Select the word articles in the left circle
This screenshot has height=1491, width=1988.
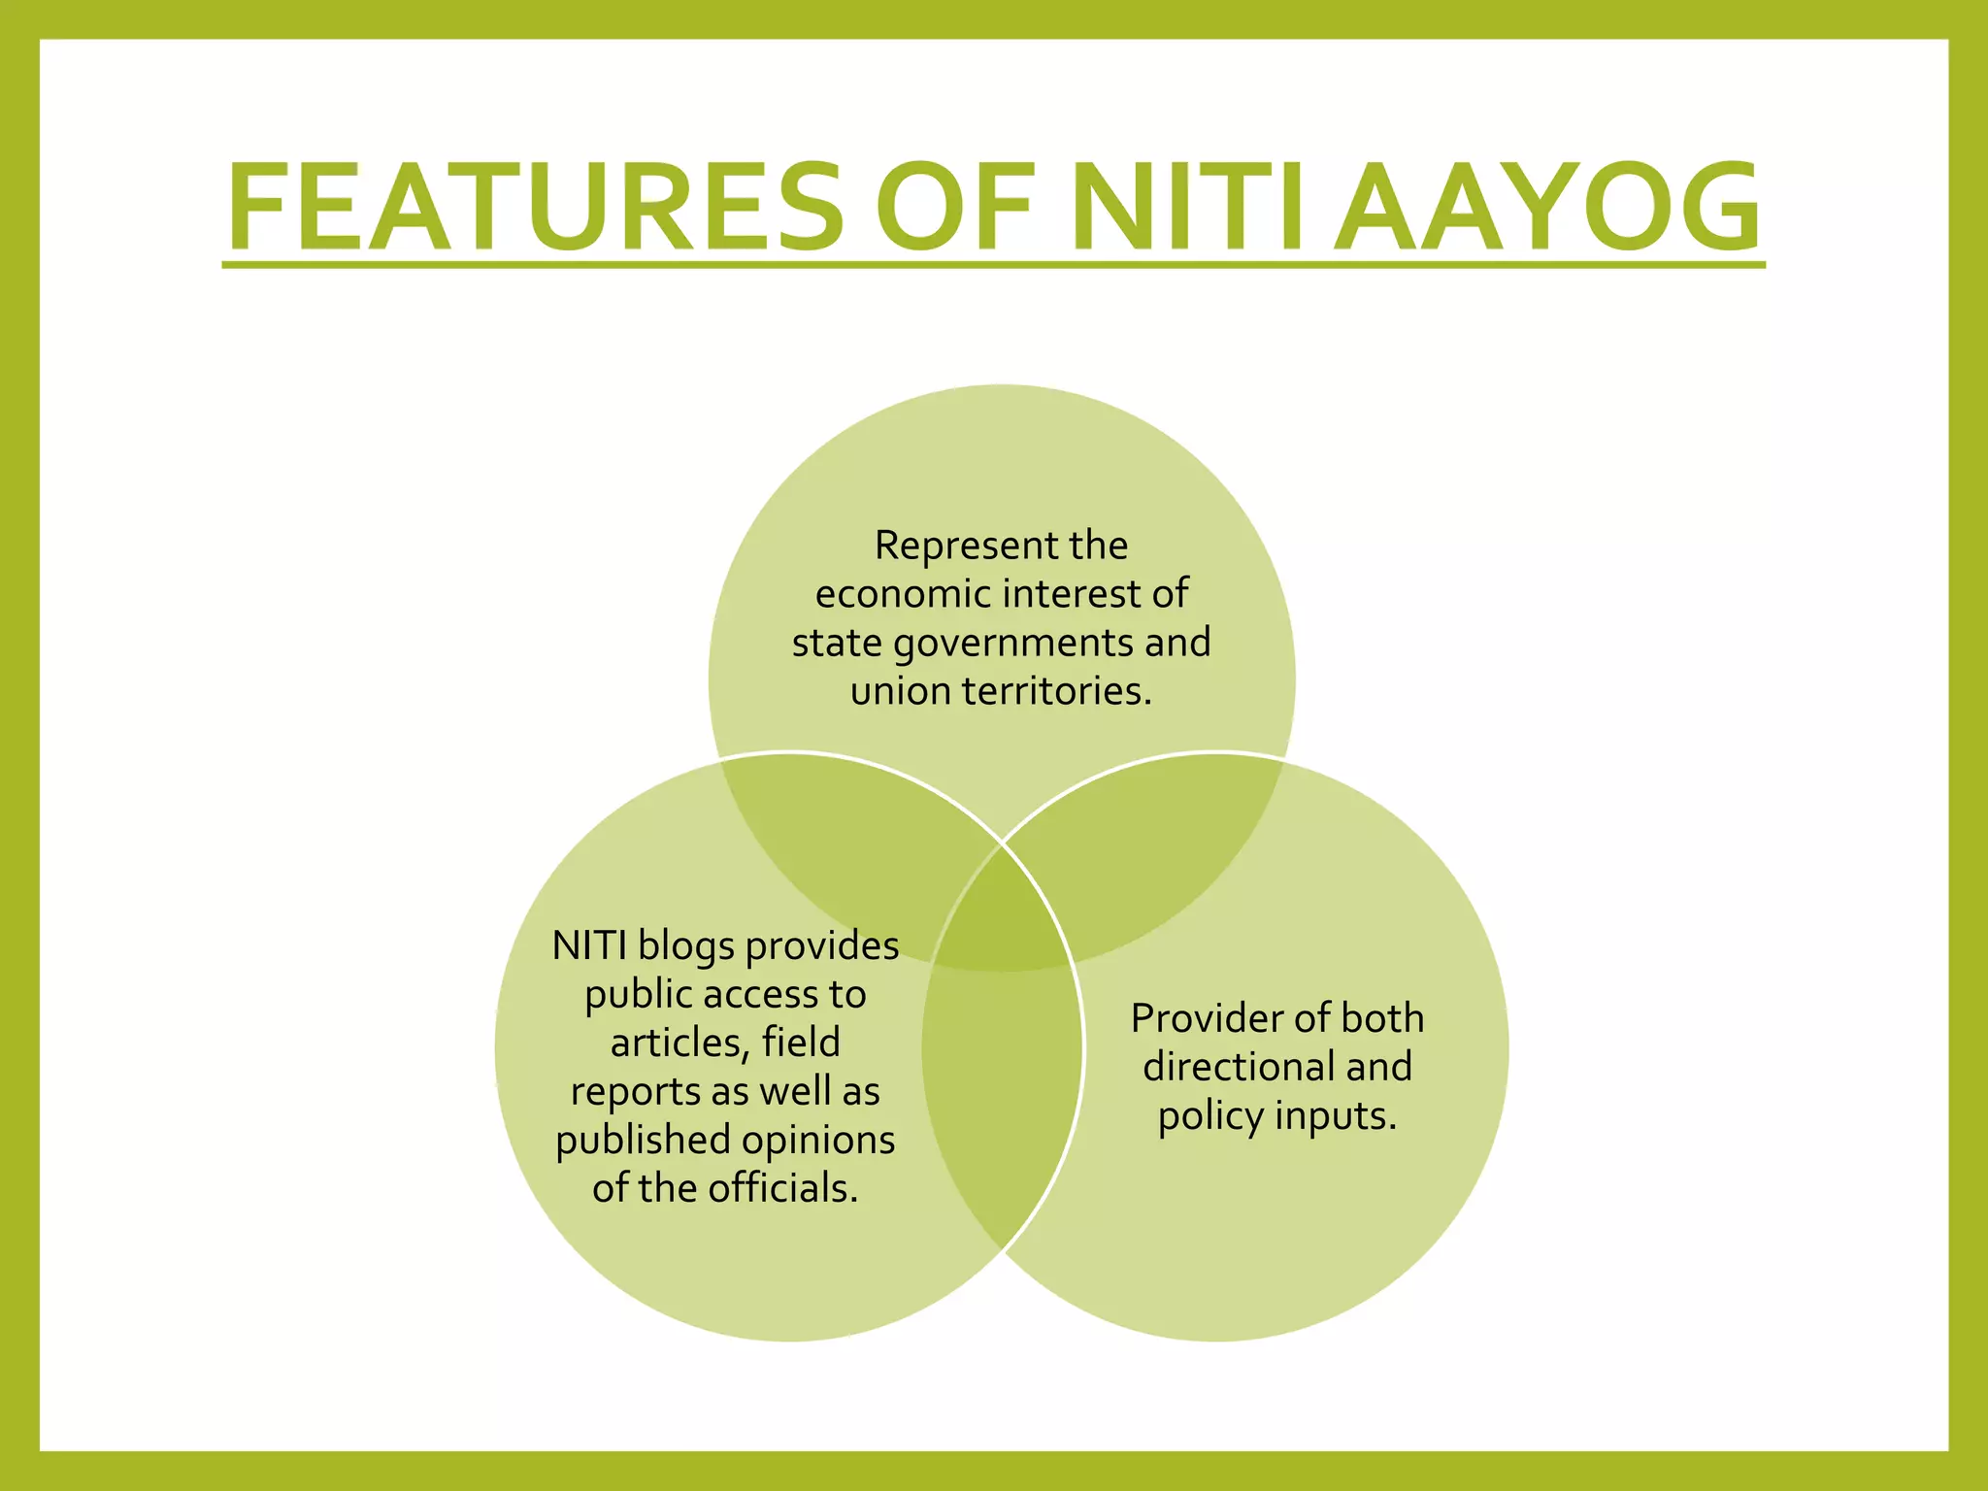click(x=679, y=1044)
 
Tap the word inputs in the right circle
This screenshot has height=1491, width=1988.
click(x=1336, y=1116)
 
